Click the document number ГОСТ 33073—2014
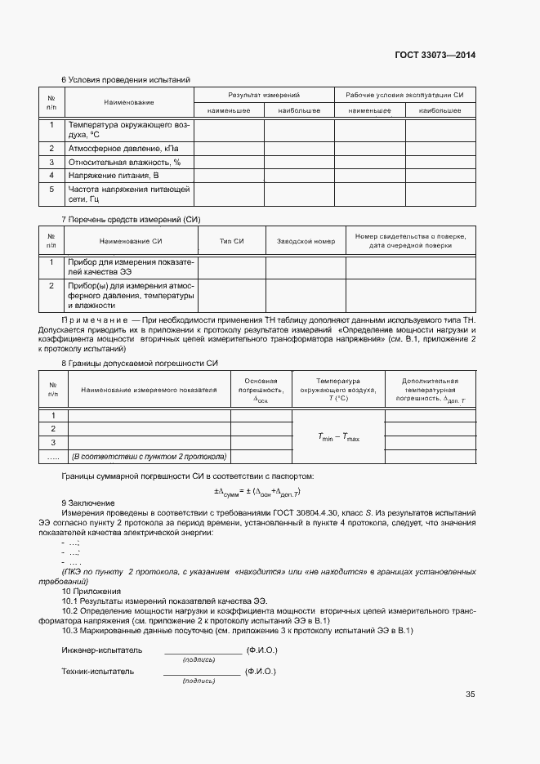pos(435,56)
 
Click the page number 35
pos(470,695)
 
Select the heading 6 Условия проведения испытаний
pos(126,80)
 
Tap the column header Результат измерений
pos(264,96)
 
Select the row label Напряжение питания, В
pos(114,175)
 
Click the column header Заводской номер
pos(306,241)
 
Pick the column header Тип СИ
pos(232,241)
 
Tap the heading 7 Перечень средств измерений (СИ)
pos(131,220)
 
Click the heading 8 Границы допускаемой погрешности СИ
pos(140,363)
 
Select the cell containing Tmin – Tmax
pos(338,437)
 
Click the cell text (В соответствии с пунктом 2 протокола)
pos(149,456)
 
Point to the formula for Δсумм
pos(257,491)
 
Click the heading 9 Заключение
pos(89,503)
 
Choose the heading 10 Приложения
pos(91,591)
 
